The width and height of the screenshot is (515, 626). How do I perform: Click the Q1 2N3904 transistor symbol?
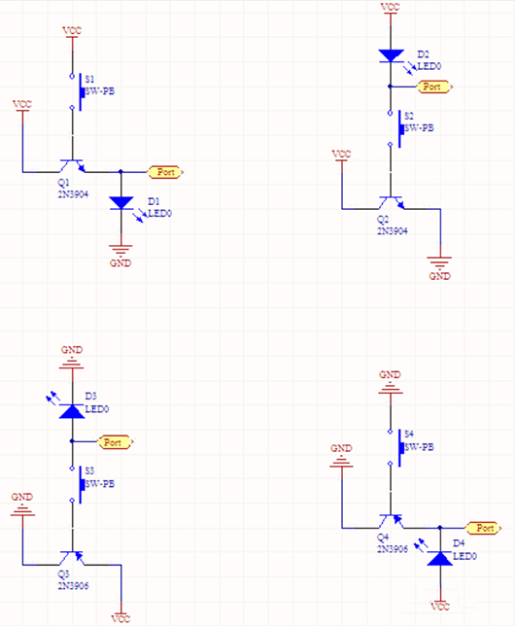[71, 166]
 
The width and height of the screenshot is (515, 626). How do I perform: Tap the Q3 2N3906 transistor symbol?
[71, 558]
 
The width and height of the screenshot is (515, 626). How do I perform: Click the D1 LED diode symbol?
[120, 202]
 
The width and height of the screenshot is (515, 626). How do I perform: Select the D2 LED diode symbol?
[390, 56]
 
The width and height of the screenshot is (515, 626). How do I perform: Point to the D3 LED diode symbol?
[71, 410]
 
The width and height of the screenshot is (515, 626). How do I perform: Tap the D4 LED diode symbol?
[440, 558]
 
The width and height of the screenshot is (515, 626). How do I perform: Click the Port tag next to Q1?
[166, 172]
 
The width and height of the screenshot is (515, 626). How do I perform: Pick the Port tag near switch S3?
[116, 441]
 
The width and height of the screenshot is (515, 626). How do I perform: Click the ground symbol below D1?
[120, 251]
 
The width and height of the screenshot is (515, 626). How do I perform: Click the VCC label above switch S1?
[72, 31]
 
